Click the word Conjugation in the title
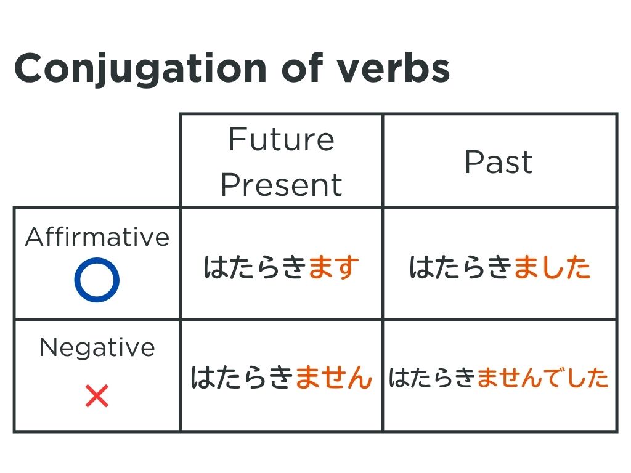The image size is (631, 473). coord(140,69)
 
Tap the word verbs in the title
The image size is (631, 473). coord(393,67)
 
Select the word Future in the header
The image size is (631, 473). coord(281,139)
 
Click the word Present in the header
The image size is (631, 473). coord(281,185)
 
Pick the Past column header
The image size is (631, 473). coord(499,162)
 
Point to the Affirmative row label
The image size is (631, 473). coord(97,236)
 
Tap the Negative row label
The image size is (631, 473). coord(97,347)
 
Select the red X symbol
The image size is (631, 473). coord(97,396)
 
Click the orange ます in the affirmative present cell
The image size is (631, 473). coord(333,267)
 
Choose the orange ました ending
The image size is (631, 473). coord(552,267)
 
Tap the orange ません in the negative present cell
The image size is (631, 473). coord(333,378)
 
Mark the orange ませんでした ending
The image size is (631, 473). coord(542,378)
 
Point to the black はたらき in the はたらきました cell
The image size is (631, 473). coord(461,267)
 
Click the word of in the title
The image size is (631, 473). coord(302,67)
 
